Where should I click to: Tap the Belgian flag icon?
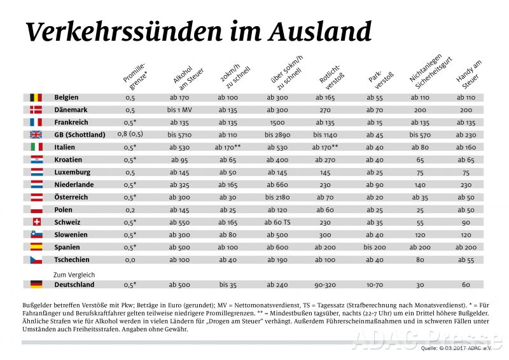[36, 97]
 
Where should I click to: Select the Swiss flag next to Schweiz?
[36, 222]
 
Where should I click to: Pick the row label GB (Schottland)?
[80, 135]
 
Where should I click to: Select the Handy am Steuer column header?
[468, 75]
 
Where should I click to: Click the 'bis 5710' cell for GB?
[181, 135]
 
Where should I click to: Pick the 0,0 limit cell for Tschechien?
[130, 260]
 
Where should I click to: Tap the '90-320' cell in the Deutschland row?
[326, 284]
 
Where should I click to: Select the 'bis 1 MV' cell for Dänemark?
[181, 110]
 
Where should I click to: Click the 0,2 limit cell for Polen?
[130, 209]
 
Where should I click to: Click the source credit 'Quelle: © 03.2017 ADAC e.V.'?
[457, 349]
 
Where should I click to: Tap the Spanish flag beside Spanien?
[36, 247]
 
